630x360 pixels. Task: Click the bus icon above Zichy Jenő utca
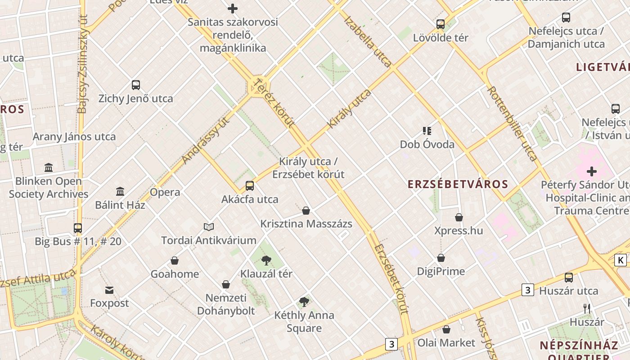coord(135,85)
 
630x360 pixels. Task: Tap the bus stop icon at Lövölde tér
coord(440,24)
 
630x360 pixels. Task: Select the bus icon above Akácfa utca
coord(249,185)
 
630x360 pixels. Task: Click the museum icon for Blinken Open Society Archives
coord(49,168)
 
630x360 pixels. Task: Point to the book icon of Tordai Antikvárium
coord(208,227)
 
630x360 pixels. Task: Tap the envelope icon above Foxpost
coord(109,290)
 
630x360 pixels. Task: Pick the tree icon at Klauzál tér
coord(266,260)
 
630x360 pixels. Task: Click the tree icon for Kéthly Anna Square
coord(304,301)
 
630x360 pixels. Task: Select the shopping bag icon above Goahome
coord(175,261)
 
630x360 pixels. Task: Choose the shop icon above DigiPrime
coord(441,258)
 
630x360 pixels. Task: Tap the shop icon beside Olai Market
coord(446,329)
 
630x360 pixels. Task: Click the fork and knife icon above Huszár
coord(587,308)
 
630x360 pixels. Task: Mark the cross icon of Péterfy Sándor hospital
coord(592,171)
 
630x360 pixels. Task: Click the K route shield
coord(621,260)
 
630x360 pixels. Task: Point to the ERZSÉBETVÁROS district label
coord(458,184)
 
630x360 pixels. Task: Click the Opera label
coord(165,192)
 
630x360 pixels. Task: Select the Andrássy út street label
coord(205,139)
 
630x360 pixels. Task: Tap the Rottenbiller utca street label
coord(512,123)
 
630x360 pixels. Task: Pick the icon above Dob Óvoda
coord(427,131)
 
